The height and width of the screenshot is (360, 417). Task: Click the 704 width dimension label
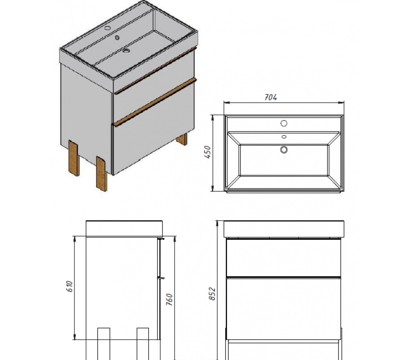(x=271, y=97)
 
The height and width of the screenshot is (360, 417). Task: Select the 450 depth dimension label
(x=207, y=152)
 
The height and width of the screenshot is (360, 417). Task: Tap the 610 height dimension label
(x=69, y=286)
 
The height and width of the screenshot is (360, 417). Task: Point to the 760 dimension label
(x=169, y=300)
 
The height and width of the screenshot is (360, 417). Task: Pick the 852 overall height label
(x=212, y=294)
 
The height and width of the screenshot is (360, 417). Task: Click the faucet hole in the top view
(x=284, y=124)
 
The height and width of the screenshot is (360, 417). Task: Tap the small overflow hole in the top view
(x=284, y=137)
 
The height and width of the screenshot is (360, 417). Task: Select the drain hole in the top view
(x=284, y=150)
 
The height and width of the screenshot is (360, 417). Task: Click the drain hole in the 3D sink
(x=126, y=50)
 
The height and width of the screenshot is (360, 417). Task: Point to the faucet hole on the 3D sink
(x=107, y=28)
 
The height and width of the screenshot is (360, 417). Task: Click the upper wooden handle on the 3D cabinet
(x=155, y=70)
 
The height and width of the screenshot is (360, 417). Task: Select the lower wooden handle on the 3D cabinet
(x=155, y=101)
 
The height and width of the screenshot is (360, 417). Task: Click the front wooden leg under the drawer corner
(x=102, y=174)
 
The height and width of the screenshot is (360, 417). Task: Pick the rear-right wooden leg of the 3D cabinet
(x=183, y=139)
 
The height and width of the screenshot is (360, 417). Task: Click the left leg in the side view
(x=104, y=344)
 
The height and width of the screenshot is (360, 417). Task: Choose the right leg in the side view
(x=143, y=344)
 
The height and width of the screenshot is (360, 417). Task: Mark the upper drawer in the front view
(x=284, y=257)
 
